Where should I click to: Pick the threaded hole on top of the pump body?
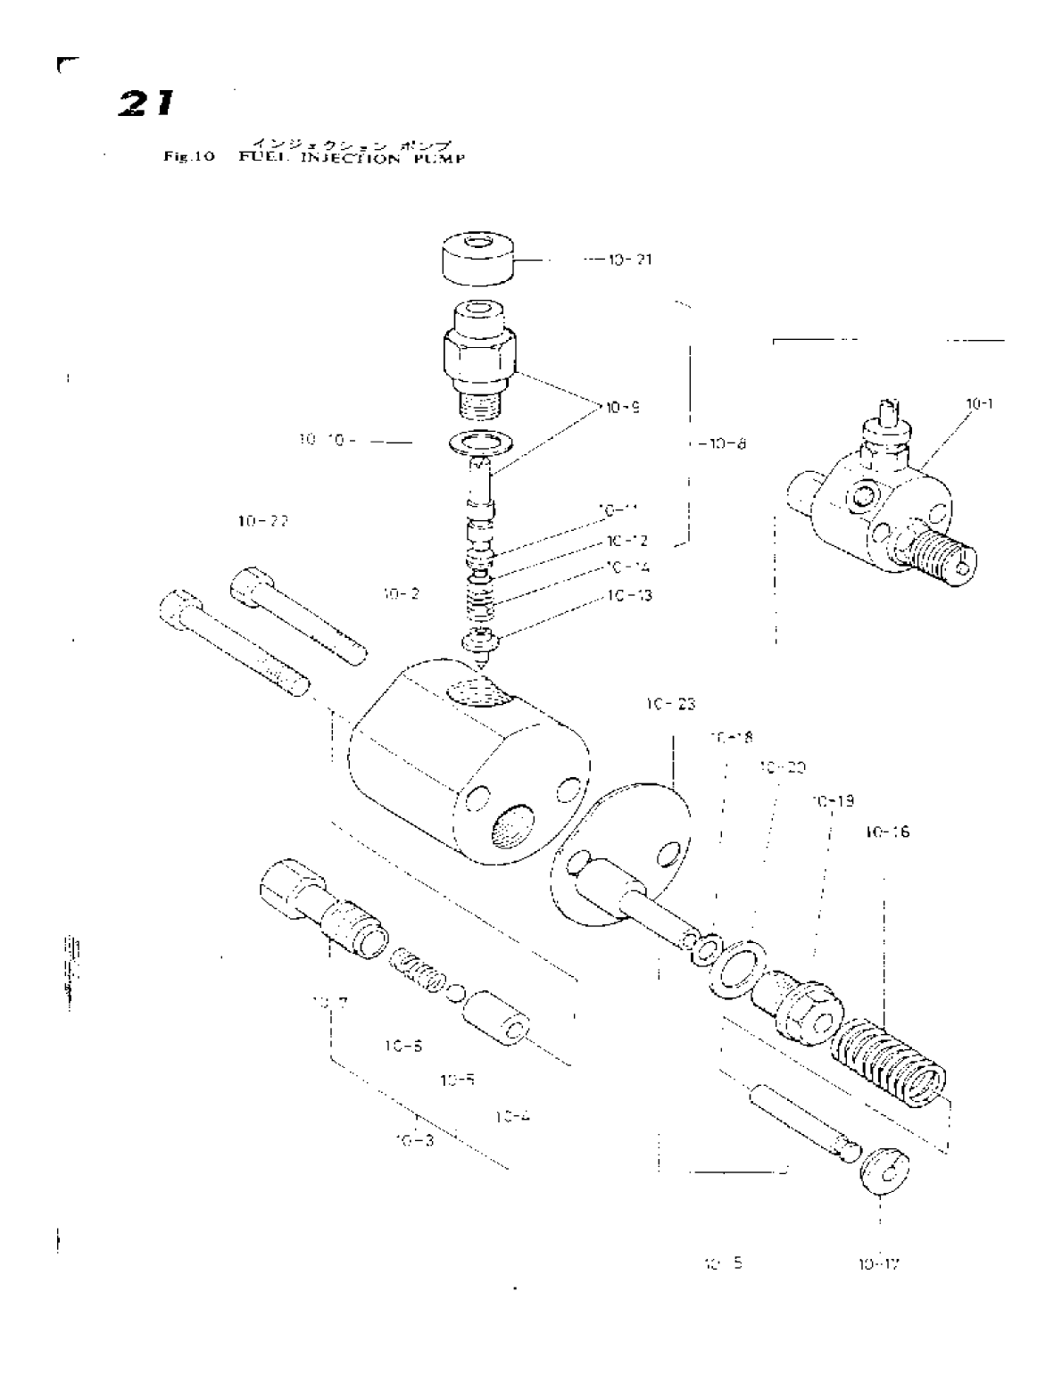coord(479,691)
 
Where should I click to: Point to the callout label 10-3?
coord(414,1139)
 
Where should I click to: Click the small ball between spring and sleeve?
coord(455,992)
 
